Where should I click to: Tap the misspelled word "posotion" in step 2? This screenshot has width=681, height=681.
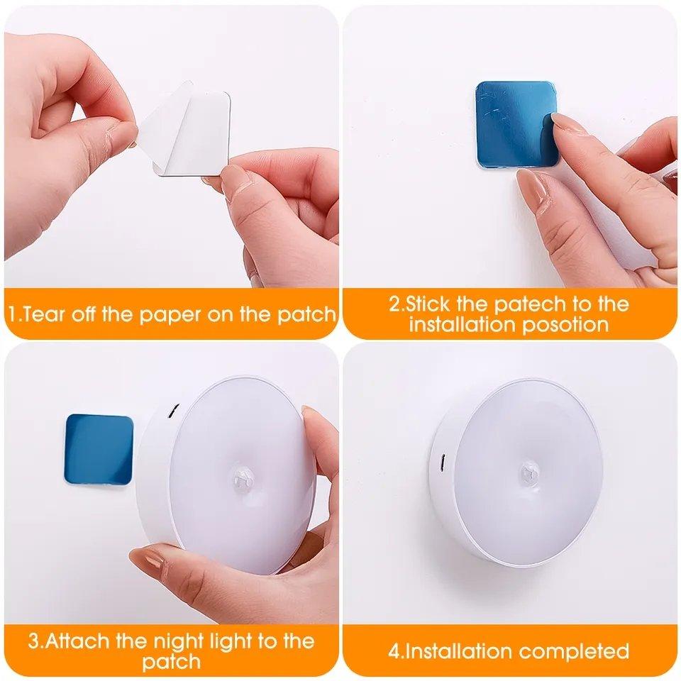coord(565,325)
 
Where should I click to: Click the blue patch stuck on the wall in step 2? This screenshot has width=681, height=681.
coord(512,121)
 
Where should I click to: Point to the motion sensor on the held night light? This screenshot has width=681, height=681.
coord(243,481)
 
